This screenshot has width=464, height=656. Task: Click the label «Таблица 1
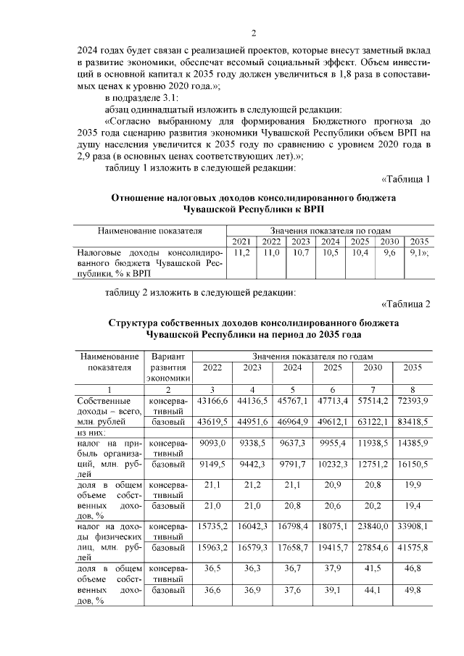tap(405, 179)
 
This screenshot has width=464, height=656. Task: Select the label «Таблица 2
tap(405, 304)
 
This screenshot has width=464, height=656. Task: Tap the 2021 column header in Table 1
tap(242, 241)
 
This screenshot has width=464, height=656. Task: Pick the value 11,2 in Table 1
tap(242, 252)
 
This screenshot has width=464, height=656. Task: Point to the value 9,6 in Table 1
tap(389, 252)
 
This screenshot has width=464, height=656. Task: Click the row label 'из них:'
tap(91, 431)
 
